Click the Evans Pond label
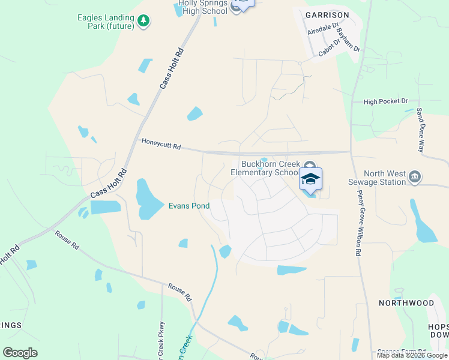[x=188, y=206]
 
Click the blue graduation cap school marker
[x=310, y=179]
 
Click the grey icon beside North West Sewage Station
[x=415, y=176]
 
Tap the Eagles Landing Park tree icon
[x=143, y=22]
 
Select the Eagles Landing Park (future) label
[x=105, y=22]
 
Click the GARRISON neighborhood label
[x=327, y=14]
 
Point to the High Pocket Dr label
[x=385, y=101]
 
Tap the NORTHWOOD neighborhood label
[x=406, y=303]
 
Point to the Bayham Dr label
[x=348, y=40]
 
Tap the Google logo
[x=20, y=353]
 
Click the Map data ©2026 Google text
[x=411, y=355]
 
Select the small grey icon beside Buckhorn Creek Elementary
[x=309, y=166]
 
